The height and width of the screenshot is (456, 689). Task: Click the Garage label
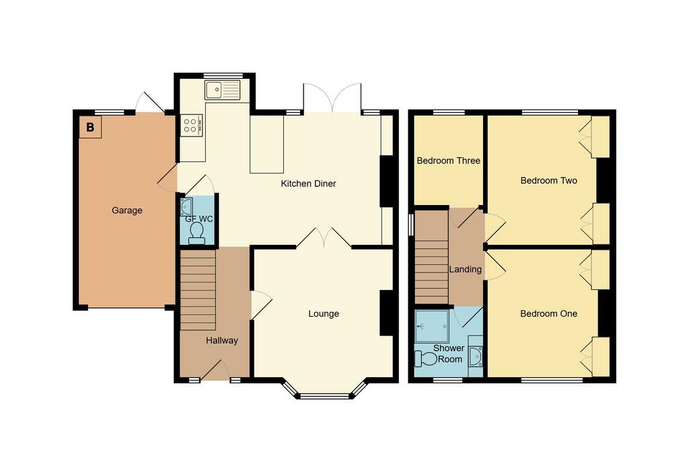(x=127, y=211)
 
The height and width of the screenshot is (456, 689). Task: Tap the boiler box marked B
(x=91, y=127)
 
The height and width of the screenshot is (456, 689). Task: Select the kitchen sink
(x=223, y=89)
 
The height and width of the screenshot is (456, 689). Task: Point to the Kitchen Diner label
(x=308, y=184)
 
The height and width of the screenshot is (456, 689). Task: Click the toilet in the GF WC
(x=196, y=233)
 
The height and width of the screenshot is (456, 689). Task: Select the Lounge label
(x=324, y=313)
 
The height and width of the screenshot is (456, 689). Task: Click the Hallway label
(x=222, y=340)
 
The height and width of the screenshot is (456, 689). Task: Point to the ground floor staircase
(x=198, y=290)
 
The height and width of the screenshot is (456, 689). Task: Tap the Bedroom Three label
(x=449, y=161)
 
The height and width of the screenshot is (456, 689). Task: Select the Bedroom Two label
(x=549, y=180)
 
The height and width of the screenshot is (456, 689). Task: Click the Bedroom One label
(x=549, y=313)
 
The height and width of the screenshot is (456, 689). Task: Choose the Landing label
(x=466, y=269)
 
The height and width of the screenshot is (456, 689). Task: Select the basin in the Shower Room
(x=476, y=356)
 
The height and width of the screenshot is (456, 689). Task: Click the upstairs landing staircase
(x=432, y=258)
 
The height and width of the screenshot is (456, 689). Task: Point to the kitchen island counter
(x=267, y=144)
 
